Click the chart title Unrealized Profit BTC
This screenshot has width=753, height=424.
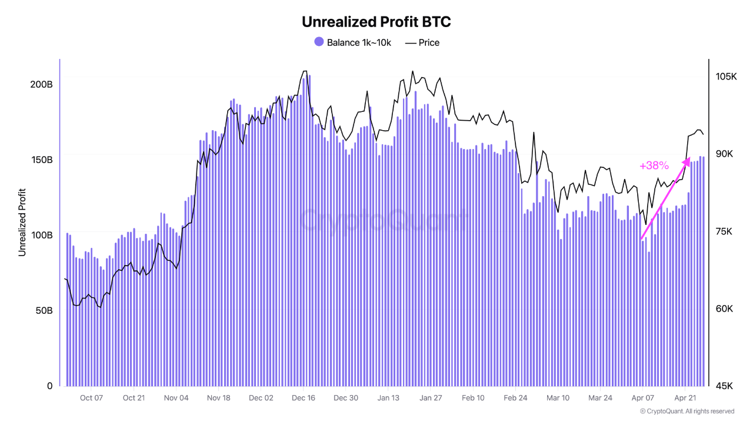(x=376, y=22)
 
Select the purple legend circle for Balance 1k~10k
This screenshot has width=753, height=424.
(x=319, y=42)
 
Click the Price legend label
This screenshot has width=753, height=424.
(x=429, y=42)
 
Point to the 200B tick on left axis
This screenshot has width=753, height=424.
(x=41, y=84)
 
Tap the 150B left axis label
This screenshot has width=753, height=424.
(x=41, y=160)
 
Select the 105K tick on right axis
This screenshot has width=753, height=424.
(x=726, y=77)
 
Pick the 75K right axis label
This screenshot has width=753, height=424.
(x=722, y=231)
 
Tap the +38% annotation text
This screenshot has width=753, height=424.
(x=654, y=166)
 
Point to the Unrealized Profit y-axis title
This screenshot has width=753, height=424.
(x=22, y=221)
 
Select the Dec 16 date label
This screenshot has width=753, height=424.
(x=304, y=398)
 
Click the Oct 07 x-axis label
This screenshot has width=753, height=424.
(x=91, y=398)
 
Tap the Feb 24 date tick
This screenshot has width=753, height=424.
(x=515, y=398)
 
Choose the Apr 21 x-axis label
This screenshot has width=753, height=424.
(x=685, y=398)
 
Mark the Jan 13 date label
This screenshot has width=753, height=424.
(x=388, y=398)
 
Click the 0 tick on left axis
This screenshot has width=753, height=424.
(x=49, y=386)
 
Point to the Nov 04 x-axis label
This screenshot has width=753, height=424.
(x=176, y=398)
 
